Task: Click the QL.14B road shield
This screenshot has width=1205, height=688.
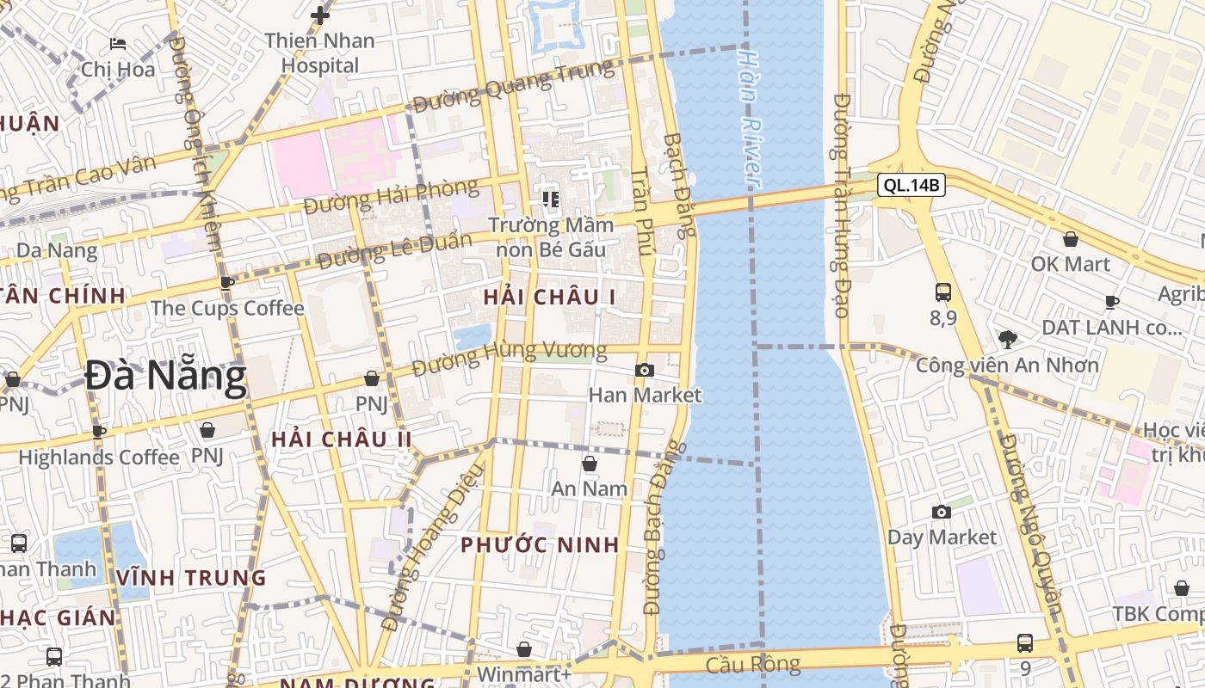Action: pos(911,184)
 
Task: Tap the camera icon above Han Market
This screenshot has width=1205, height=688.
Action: pos(644,371)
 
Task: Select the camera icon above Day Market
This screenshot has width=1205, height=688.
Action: pos(942,513)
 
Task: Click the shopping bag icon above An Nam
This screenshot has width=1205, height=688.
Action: pos(590,464)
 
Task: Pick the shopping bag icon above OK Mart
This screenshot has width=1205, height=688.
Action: pos(1071,239)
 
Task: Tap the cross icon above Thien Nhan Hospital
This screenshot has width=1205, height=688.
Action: pos(320,15)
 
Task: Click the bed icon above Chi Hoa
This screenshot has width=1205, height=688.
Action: pos(118,44)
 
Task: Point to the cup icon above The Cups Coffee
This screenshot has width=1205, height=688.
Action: pos(227,283)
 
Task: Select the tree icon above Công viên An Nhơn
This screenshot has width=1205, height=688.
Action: pos(1007,340)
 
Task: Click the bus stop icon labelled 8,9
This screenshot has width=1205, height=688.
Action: pos(942,292)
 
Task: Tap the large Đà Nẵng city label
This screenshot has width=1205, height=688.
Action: pos(166,377)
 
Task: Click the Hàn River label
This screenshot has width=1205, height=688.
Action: pos(750,118)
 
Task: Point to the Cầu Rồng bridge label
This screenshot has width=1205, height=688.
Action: pos(753,664)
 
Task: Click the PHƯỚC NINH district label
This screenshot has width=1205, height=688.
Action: pos(540,544)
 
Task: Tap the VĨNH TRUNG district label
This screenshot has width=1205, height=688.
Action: pos(192,577)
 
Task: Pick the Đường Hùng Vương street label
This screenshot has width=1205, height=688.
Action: pos(509,357)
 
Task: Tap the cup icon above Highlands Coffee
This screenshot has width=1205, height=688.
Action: pos(99,432)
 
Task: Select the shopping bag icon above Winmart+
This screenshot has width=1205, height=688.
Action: pos(523,649)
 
